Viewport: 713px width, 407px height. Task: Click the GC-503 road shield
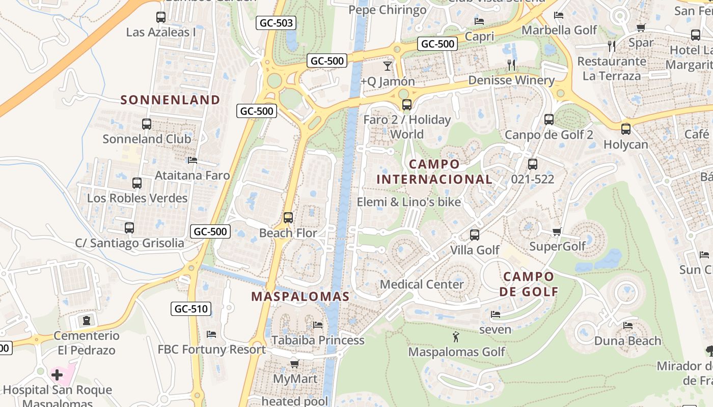(x=277, y=23)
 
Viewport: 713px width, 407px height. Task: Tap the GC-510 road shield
(x=191, y=309)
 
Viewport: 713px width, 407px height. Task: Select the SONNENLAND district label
(x=170, y=100)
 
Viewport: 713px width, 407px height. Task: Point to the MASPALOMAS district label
(x=300, y=297)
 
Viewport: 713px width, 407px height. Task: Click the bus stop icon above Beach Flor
(x=288, y=218)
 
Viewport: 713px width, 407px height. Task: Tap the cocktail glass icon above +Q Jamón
(x=388, y=66)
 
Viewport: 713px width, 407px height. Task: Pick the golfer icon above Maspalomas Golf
(x=456, y=336)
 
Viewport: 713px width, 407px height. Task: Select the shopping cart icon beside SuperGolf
(x=557, y=232)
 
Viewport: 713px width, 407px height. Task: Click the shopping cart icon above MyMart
(x=294, y=364)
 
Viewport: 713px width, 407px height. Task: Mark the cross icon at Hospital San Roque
(x=57, y=375)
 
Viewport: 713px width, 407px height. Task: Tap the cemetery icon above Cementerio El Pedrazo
(x=87, y=321)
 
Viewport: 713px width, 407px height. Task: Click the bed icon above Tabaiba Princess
(x=318, y=325)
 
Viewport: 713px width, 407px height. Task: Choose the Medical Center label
(x=422, y=284)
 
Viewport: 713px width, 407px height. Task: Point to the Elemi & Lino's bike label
(x=408, y=202)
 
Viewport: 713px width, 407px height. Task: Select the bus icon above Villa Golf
(x=475, y=235)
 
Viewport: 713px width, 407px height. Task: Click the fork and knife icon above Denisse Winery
(x=511, y=65)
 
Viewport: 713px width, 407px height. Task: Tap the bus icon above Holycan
(x=626, y=129)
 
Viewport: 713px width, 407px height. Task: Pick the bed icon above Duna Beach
(x=627, y=326)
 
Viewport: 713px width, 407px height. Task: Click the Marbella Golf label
(x=559, y=30)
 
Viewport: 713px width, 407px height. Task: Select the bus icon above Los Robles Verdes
(x=137, y=183)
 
